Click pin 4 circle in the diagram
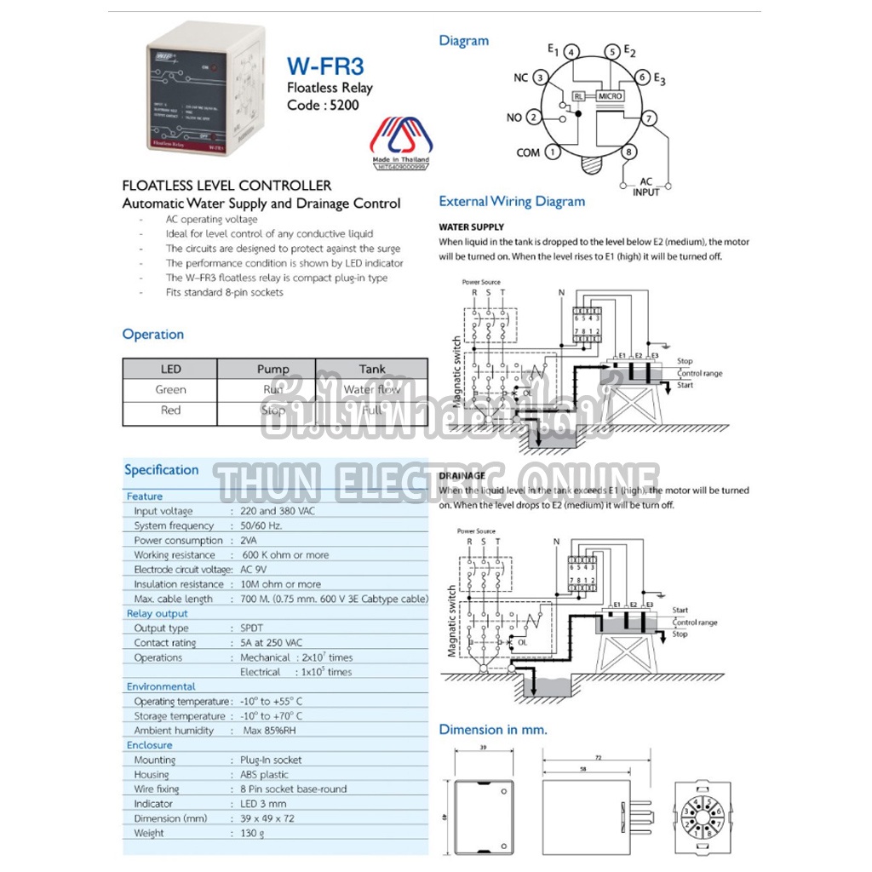click(572, 52)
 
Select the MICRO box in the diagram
click(611, 96)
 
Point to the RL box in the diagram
click(580, 96)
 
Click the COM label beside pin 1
click(528, 153)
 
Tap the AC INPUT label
click(645, 186)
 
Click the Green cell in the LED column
click(170, 390)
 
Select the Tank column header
click(372, 370)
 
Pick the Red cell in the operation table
click(170, 410)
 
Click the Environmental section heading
click(161, 686)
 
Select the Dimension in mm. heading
click(493, 730)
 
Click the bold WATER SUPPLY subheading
click(471, 227)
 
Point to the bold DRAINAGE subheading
click(462, 476)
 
